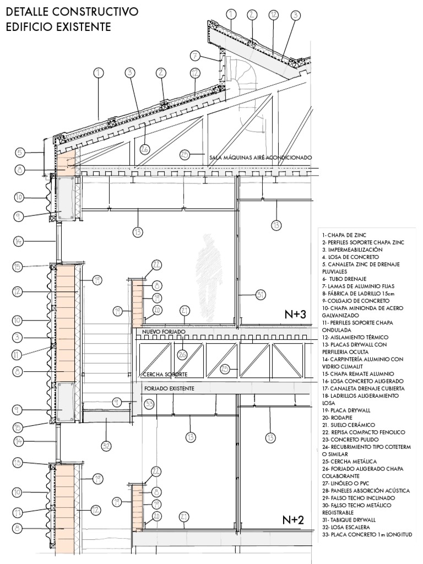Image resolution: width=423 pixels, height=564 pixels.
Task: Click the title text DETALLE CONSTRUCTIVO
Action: [x=72, y=12]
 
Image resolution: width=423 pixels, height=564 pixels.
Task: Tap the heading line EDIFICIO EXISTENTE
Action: [x=58, y=26]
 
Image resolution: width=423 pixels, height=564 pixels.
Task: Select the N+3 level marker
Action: [x=296, y=314]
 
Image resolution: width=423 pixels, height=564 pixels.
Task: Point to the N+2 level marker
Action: [x=294, y=519]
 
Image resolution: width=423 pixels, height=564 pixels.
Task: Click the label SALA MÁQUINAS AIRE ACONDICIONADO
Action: [x=261, y=158]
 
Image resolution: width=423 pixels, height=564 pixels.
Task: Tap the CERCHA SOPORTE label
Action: [x=165, y=374]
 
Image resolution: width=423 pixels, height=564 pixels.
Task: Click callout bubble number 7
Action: [x=195, y=55]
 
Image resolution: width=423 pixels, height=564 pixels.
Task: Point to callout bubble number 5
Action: [x=20, y=153]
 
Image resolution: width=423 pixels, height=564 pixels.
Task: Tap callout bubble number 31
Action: [x=261, y=295]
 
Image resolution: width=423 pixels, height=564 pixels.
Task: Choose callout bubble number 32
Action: [x=106, y=446]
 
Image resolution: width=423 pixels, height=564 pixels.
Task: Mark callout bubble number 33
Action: [x=149, y=404]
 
